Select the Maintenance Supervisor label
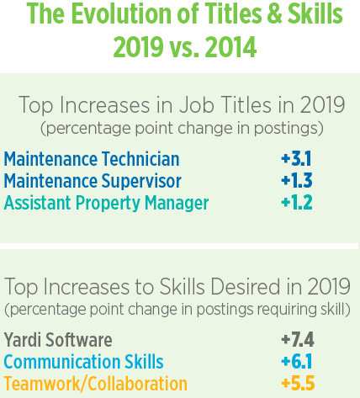[93, 181]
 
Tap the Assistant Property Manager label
[106, 203]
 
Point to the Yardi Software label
[58, 340]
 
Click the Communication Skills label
[83, 362]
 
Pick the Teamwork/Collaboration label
[95, 384]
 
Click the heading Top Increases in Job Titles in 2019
[182, 106]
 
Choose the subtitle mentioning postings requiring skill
[177, 307]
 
